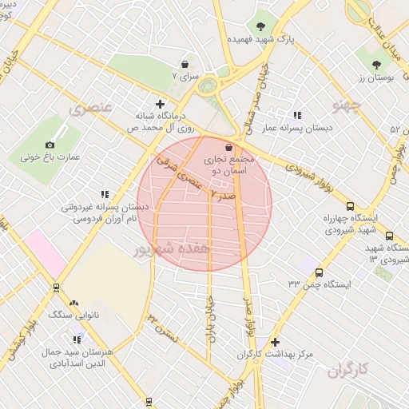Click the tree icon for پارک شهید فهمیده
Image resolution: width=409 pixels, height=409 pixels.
point(261,26)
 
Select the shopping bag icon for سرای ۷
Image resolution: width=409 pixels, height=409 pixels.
point(185,63)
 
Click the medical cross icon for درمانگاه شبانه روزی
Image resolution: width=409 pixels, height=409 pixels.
point(161,104)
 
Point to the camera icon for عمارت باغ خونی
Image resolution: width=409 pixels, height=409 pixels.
point(50,145)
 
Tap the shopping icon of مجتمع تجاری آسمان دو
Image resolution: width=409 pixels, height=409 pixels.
point(230,147)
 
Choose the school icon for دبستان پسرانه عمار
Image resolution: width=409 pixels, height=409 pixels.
point(298,115)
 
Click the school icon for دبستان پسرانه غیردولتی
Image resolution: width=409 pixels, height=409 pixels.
point(105,193)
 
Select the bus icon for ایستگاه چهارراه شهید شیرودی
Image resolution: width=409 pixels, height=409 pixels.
point(350,205)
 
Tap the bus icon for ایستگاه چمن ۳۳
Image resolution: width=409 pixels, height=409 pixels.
point(320,273)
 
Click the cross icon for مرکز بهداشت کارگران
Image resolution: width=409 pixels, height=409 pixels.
point(276,342)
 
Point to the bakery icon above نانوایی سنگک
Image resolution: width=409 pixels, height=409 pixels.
point(74,303)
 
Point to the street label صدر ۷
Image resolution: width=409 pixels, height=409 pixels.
point(223,194)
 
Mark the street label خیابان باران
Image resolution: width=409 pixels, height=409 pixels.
point(212,317)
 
